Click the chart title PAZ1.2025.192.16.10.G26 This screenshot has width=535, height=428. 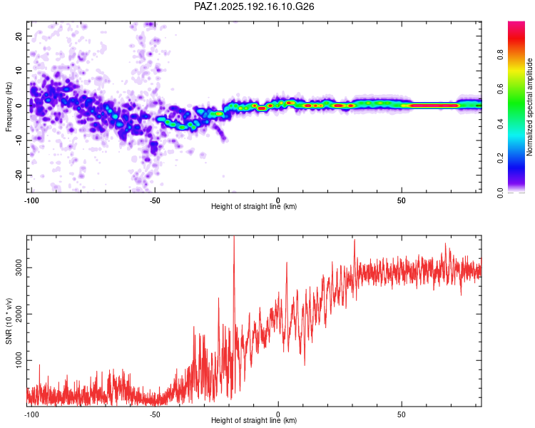(254, 6)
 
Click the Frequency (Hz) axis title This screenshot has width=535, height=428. (9, 107)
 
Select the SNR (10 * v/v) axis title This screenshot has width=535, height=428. (9, 321)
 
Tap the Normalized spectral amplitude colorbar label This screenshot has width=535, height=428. (529, 107)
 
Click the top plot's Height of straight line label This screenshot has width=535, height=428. (254, 206)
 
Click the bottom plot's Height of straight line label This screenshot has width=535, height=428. (254, 420)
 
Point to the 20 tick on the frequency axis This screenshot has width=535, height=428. (19, 36)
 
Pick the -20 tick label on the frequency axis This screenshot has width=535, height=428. (19, 175)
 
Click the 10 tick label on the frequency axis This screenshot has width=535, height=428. (19, 71)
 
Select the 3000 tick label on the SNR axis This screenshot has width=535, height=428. (19, 268)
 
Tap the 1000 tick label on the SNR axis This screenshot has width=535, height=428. (19, 360)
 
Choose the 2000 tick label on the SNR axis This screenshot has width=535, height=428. (19, 314)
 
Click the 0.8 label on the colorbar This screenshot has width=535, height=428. (500, 55)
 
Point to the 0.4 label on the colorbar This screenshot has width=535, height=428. (500, 124)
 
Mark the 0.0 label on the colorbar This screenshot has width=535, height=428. (500, 193)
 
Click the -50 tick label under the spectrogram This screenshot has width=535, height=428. (155, 200)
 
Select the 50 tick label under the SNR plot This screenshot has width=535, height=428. (401, 414)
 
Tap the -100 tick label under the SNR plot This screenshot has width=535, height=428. (31, 414)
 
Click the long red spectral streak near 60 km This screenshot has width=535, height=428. (434, 106)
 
